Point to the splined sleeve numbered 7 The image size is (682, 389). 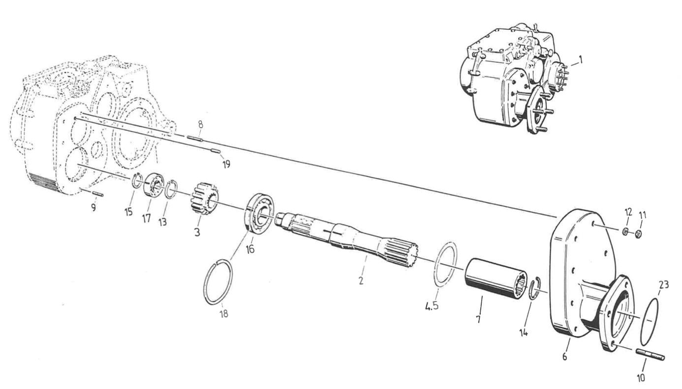[x=494, y=278]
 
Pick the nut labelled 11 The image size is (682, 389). [x=638, y=234]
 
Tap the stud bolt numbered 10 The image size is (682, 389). [x=650, y=354]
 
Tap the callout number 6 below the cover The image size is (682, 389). [x=565, y=356]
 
